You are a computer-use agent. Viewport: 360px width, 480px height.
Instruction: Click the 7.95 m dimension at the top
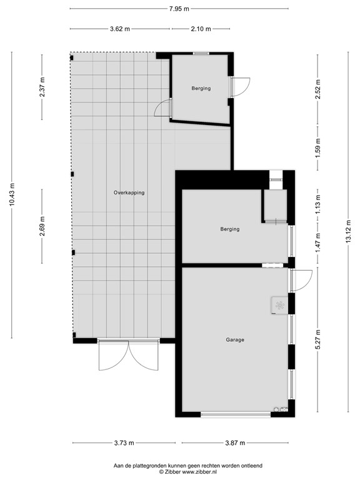179,9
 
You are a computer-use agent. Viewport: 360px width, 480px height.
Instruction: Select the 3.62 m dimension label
119,29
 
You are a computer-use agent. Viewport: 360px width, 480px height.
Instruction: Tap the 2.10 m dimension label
201,29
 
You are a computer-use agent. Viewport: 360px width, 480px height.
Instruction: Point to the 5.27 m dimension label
318,341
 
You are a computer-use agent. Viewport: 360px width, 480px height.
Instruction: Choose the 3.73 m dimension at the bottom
124,443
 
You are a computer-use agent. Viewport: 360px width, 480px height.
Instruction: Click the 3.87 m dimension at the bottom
235,443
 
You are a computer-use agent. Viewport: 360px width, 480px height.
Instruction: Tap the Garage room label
235,340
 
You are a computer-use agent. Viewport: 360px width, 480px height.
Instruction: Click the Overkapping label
129,192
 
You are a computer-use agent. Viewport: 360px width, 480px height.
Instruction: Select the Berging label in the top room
201,89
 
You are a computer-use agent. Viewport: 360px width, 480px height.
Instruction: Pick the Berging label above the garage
230,229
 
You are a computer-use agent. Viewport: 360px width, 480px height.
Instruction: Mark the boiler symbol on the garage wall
279,305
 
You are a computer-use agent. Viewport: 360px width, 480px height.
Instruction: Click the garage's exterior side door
301,280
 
